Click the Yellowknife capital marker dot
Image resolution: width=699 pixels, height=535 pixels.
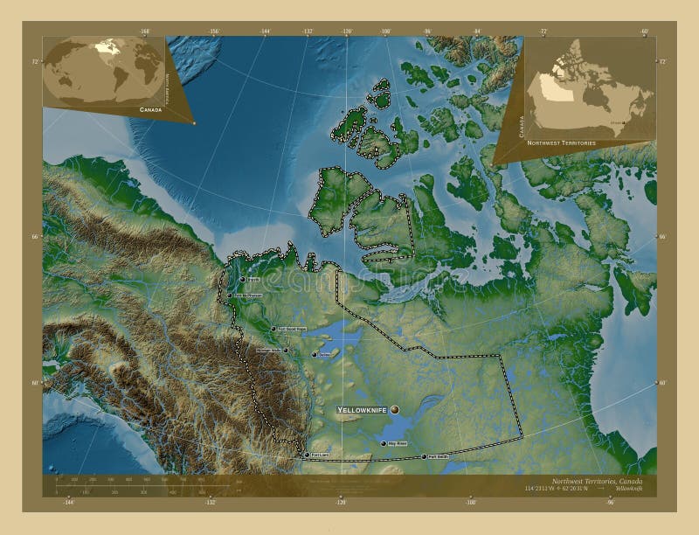click(395, 409)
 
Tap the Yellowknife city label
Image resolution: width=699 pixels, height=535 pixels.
click(363, 409)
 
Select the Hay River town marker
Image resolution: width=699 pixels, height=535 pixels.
click(384, 444)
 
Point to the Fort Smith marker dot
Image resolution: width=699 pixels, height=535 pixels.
click(424, 456)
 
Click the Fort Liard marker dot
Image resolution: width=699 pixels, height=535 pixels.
click(304, 455)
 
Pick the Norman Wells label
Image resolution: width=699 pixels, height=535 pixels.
click(269, 351)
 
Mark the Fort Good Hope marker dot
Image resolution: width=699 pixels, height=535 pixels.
click(273, 330)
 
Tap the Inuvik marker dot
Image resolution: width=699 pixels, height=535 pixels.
click(242, 280)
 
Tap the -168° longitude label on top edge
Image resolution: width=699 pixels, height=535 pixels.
click(144, 31)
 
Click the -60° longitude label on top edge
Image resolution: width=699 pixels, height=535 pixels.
click(644, 31)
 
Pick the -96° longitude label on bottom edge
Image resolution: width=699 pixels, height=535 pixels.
click(610, 502)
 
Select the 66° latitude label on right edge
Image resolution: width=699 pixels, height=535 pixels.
click(662, 237)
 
